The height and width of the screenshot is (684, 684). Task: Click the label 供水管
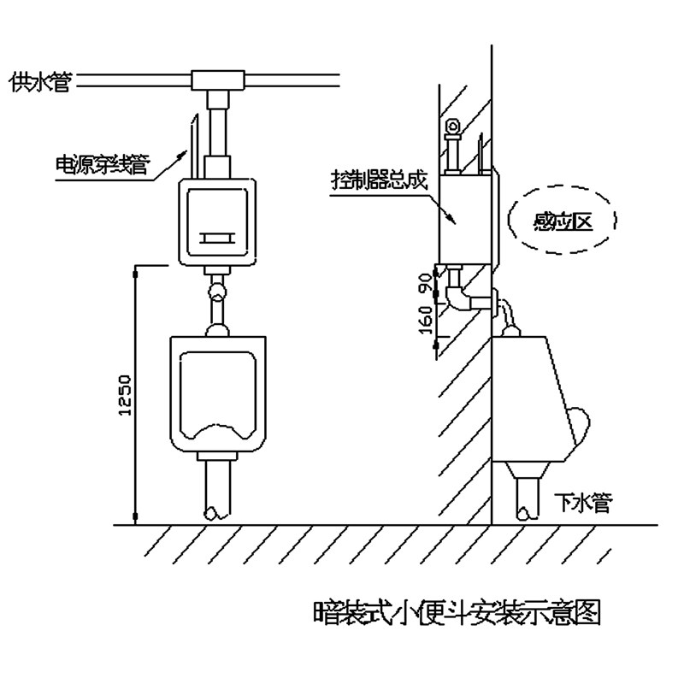click(38, 82)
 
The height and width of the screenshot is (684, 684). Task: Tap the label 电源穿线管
click(101, 164)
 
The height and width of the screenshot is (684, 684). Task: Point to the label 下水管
click(581, 503)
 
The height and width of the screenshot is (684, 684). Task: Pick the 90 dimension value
click(422, 283)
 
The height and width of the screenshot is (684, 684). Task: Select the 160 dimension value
click(422, 319)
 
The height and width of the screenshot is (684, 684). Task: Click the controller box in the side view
click(467, 218)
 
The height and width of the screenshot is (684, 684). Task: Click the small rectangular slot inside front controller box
click(216, 238)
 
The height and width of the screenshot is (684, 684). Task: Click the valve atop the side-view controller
click(453, 128)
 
